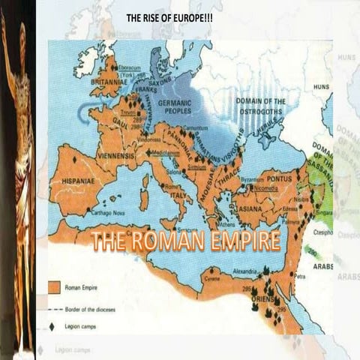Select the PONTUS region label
[287, 179]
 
